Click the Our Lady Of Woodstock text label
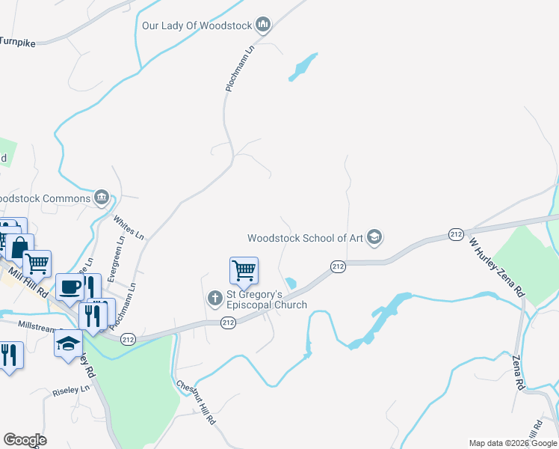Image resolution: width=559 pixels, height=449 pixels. coord(197,26)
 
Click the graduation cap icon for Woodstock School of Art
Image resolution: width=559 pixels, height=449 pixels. coord(374,238)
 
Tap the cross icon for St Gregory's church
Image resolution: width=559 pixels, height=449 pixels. coord(214,299)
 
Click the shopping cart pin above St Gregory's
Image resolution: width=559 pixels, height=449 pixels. coord(244,270)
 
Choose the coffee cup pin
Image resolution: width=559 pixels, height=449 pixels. coord(70,287)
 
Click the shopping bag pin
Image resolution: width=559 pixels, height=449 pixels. coord(20,247)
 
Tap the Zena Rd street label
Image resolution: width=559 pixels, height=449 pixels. coord(516,372)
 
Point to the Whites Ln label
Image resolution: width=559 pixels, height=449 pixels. coord(128,227)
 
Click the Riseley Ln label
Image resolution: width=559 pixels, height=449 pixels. coord(71,391)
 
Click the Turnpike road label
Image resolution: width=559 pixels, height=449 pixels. coord(18,42)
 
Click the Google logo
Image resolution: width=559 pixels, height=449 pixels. coord(25,440)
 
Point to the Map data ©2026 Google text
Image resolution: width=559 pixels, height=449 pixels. coord(512,443)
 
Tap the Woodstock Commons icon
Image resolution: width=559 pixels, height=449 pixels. coord(102,198)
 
